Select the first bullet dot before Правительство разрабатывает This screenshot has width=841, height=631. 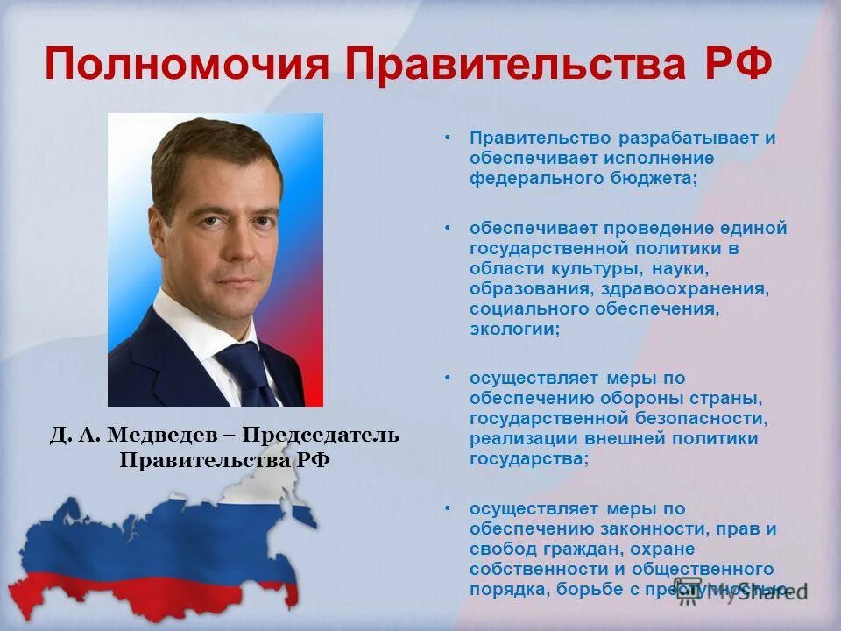coord(447,138)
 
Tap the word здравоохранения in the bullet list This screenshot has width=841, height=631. coord(682,287)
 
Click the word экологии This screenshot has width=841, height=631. coord(512,329)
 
